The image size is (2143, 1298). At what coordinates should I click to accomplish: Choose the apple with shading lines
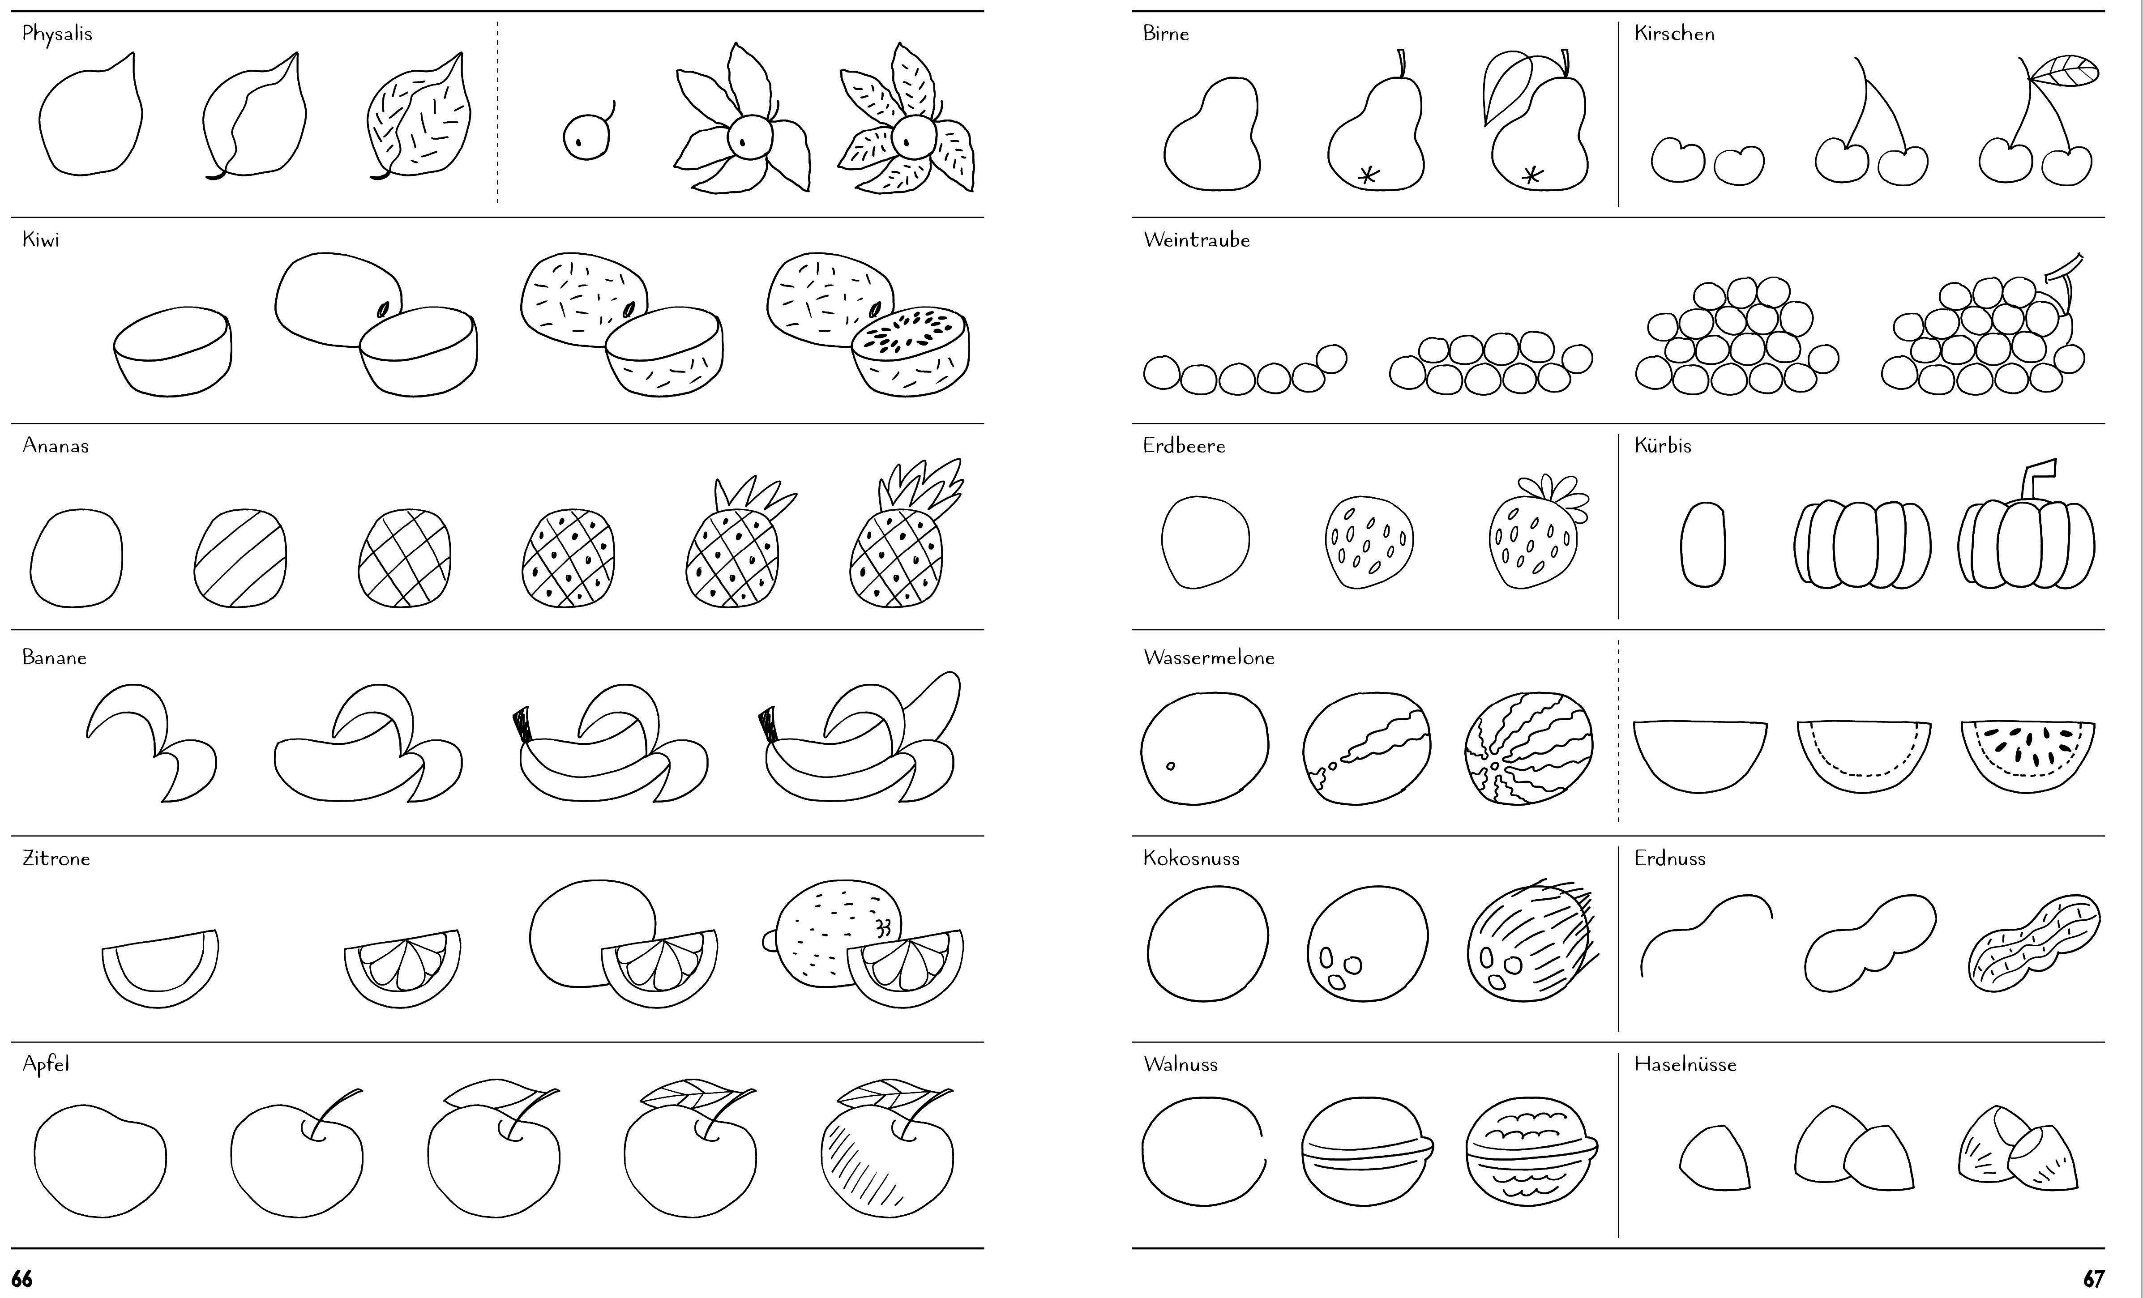click(887, 1148)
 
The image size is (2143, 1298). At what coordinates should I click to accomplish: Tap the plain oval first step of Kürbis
click(1703, 544)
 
